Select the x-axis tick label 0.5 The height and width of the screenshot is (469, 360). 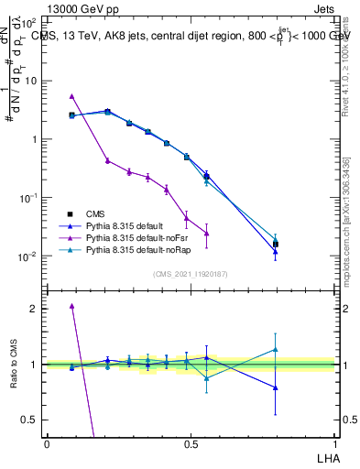tap(190, 443)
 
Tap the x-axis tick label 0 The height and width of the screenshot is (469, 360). tap(47, 443)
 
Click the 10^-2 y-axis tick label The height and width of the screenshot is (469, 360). tap(29, 256)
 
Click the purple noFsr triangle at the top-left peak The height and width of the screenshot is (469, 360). tap(71, 96)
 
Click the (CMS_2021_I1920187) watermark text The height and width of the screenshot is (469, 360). tap(190, 274)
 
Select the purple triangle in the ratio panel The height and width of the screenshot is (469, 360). tap(71, 306)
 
